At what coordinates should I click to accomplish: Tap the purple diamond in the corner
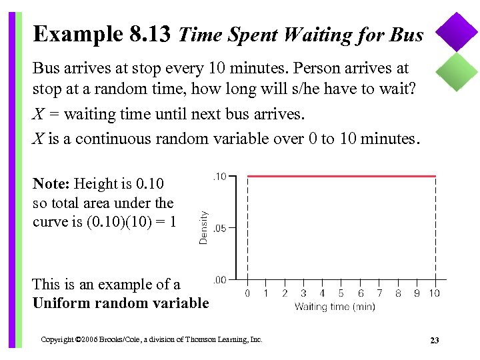(x=457, y=32)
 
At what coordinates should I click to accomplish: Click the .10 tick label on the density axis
(x=219, y=176)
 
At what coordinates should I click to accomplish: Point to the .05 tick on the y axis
(x=219, y=227)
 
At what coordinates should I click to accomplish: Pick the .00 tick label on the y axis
(x=219, y=279)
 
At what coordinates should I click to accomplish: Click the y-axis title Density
(x=203, y=227)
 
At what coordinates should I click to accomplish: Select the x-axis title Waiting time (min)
(x=335, y=307)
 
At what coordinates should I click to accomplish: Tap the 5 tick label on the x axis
(x=341, y=293)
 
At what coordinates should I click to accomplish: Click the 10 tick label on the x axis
(x=434, y=293)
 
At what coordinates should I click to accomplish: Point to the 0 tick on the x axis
(x=247, y=293)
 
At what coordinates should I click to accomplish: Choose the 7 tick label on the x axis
(x=379, y=293)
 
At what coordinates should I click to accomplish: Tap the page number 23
(x=435, y=341)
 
